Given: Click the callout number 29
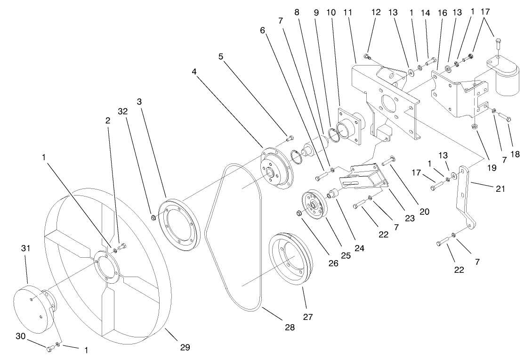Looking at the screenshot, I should tap(185, 347).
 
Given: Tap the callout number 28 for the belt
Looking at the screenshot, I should tap(290, 327).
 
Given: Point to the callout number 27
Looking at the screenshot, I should tap(308, 317).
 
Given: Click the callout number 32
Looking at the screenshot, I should tap(123, 112).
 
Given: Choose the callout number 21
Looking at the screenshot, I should tap(500, 188).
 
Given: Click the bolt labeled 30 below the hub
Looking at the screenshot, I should tap(50, 349).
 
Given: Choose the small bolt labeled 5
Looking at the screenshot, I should tap(290, 138).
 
